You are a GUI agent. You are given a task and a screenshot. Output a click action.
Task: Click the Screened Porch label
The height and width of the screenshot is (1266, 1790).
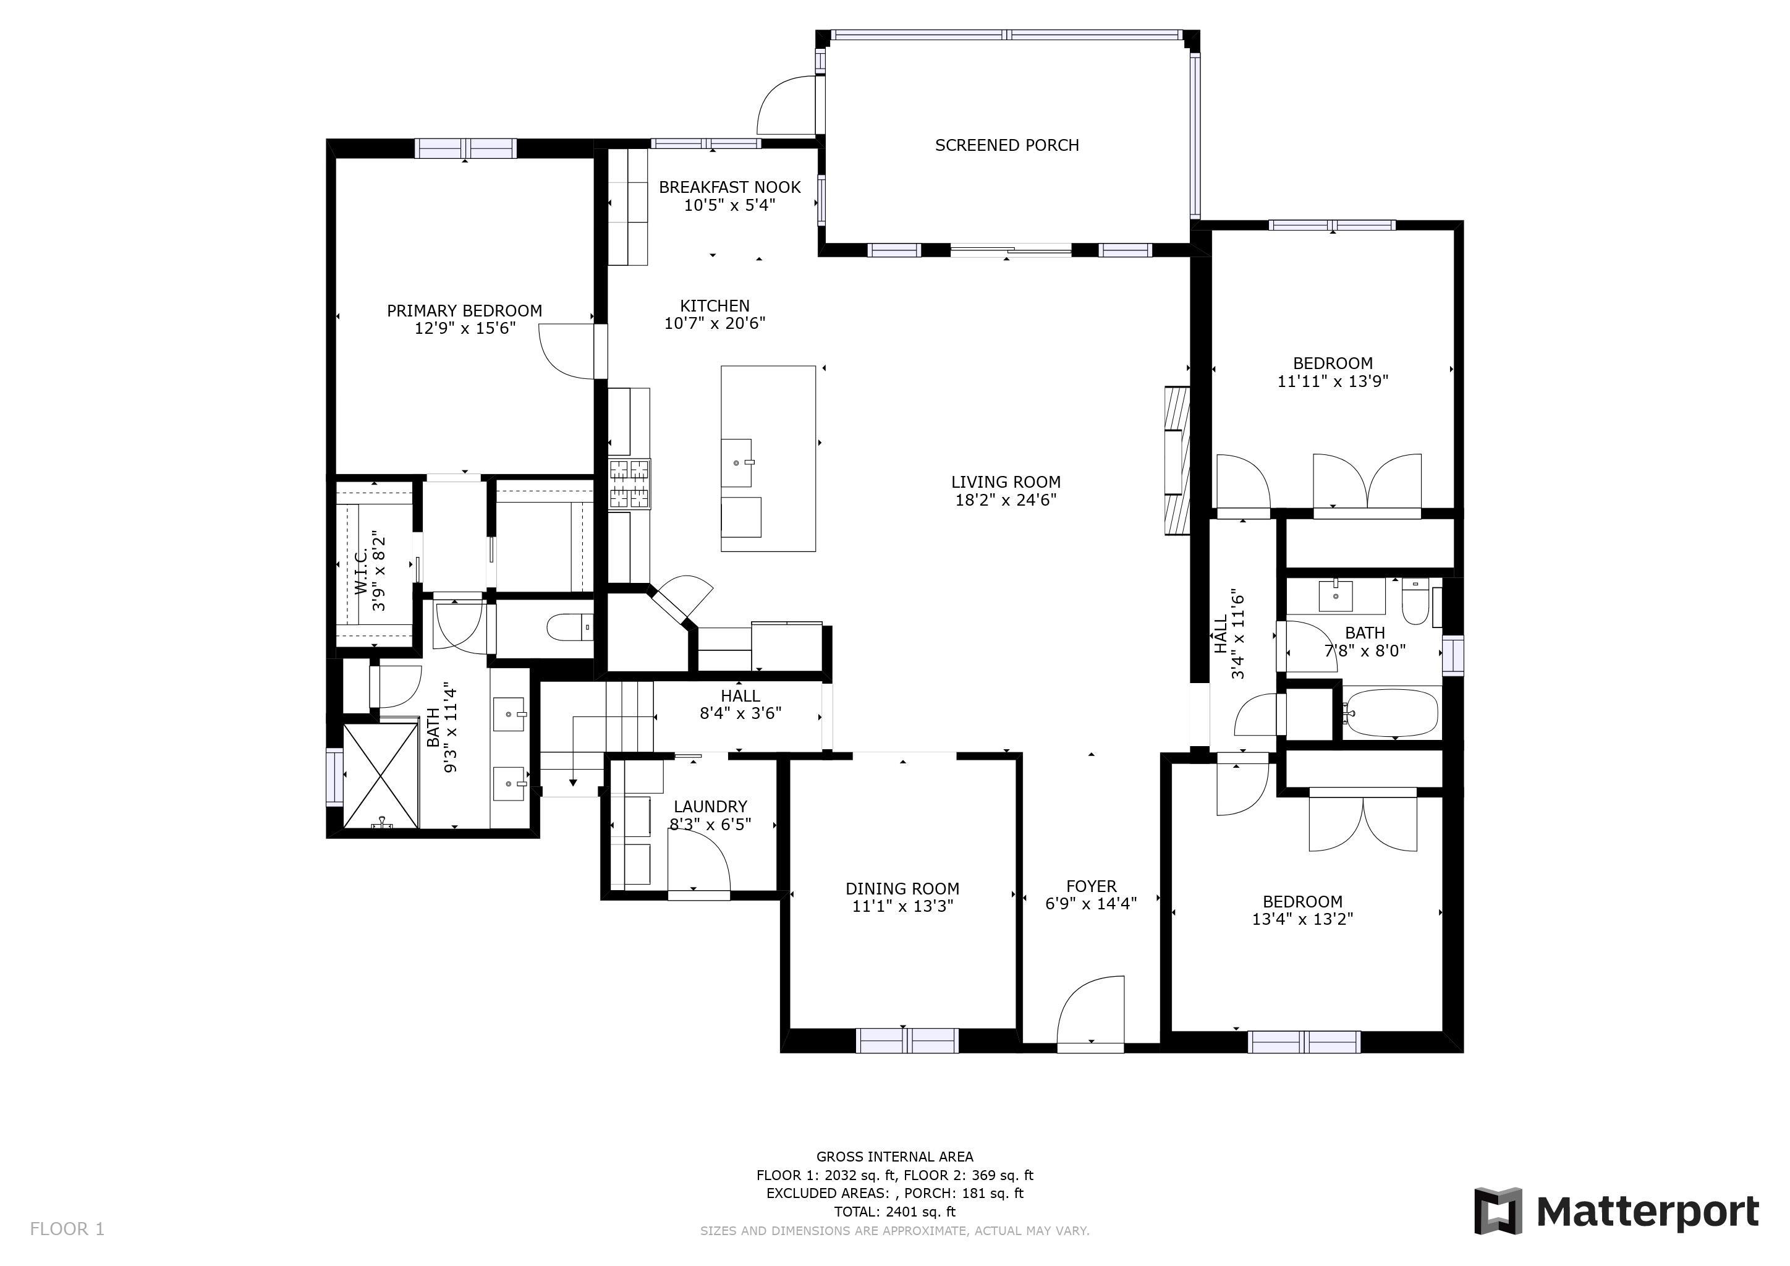click(1006, 145)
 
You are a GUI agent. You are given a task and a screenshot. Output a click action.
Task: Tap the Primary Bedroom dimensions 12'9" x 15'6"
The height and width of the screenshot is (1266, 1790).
click(465, 328)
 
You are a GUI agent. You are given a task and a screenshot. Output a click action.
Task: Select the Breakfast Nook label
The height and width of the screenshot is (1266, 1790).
click(730, 187)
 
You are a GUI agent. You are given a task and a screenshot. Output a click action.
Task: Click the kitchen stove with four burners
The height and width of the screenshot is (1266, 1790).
click(629, 485)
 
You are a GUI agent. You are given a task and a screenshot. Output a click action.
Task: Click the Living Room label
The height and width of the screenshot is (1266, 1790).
click(1006, 483)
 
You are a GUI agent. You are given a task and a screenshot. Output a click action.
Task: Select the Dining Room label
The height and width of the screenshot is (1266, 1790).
click(902, 889)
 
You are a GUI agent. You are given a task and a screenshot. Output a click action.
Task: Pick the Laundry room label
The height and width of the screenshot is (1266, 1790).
click(710, 807)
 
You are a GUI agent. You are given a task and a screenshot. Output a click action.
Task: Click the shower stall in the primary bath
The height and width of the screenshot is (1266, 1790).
click(381, 776)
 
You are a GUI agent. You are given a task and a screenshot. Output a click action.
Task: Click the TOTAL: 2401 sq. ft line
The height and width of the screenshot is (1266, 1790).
click(894, 1212)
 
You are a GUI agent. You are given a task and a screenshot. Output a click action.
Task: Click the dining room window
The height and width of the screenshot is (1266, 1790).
click(907, 1041)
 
